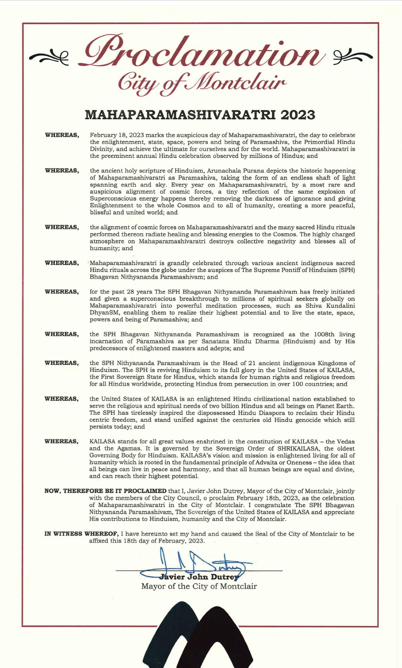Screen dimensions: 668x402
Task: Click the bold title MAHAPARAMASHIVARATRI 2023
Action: [x=200, y=115]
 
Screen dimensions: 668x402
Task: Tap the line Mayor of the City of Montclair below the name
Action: [x=199, y=586]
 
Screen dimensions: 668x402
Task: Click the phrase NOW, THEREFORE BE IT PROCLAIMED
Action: [x=105, y=491]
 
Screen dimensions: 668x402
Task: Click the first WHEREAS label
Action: [x=62, y=135]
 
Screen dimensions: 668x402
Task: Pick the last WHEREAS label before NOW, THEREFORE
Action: [x=62, y=441]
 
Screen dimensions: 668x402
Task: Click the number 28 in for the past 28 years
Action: [x=132, y=292]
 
